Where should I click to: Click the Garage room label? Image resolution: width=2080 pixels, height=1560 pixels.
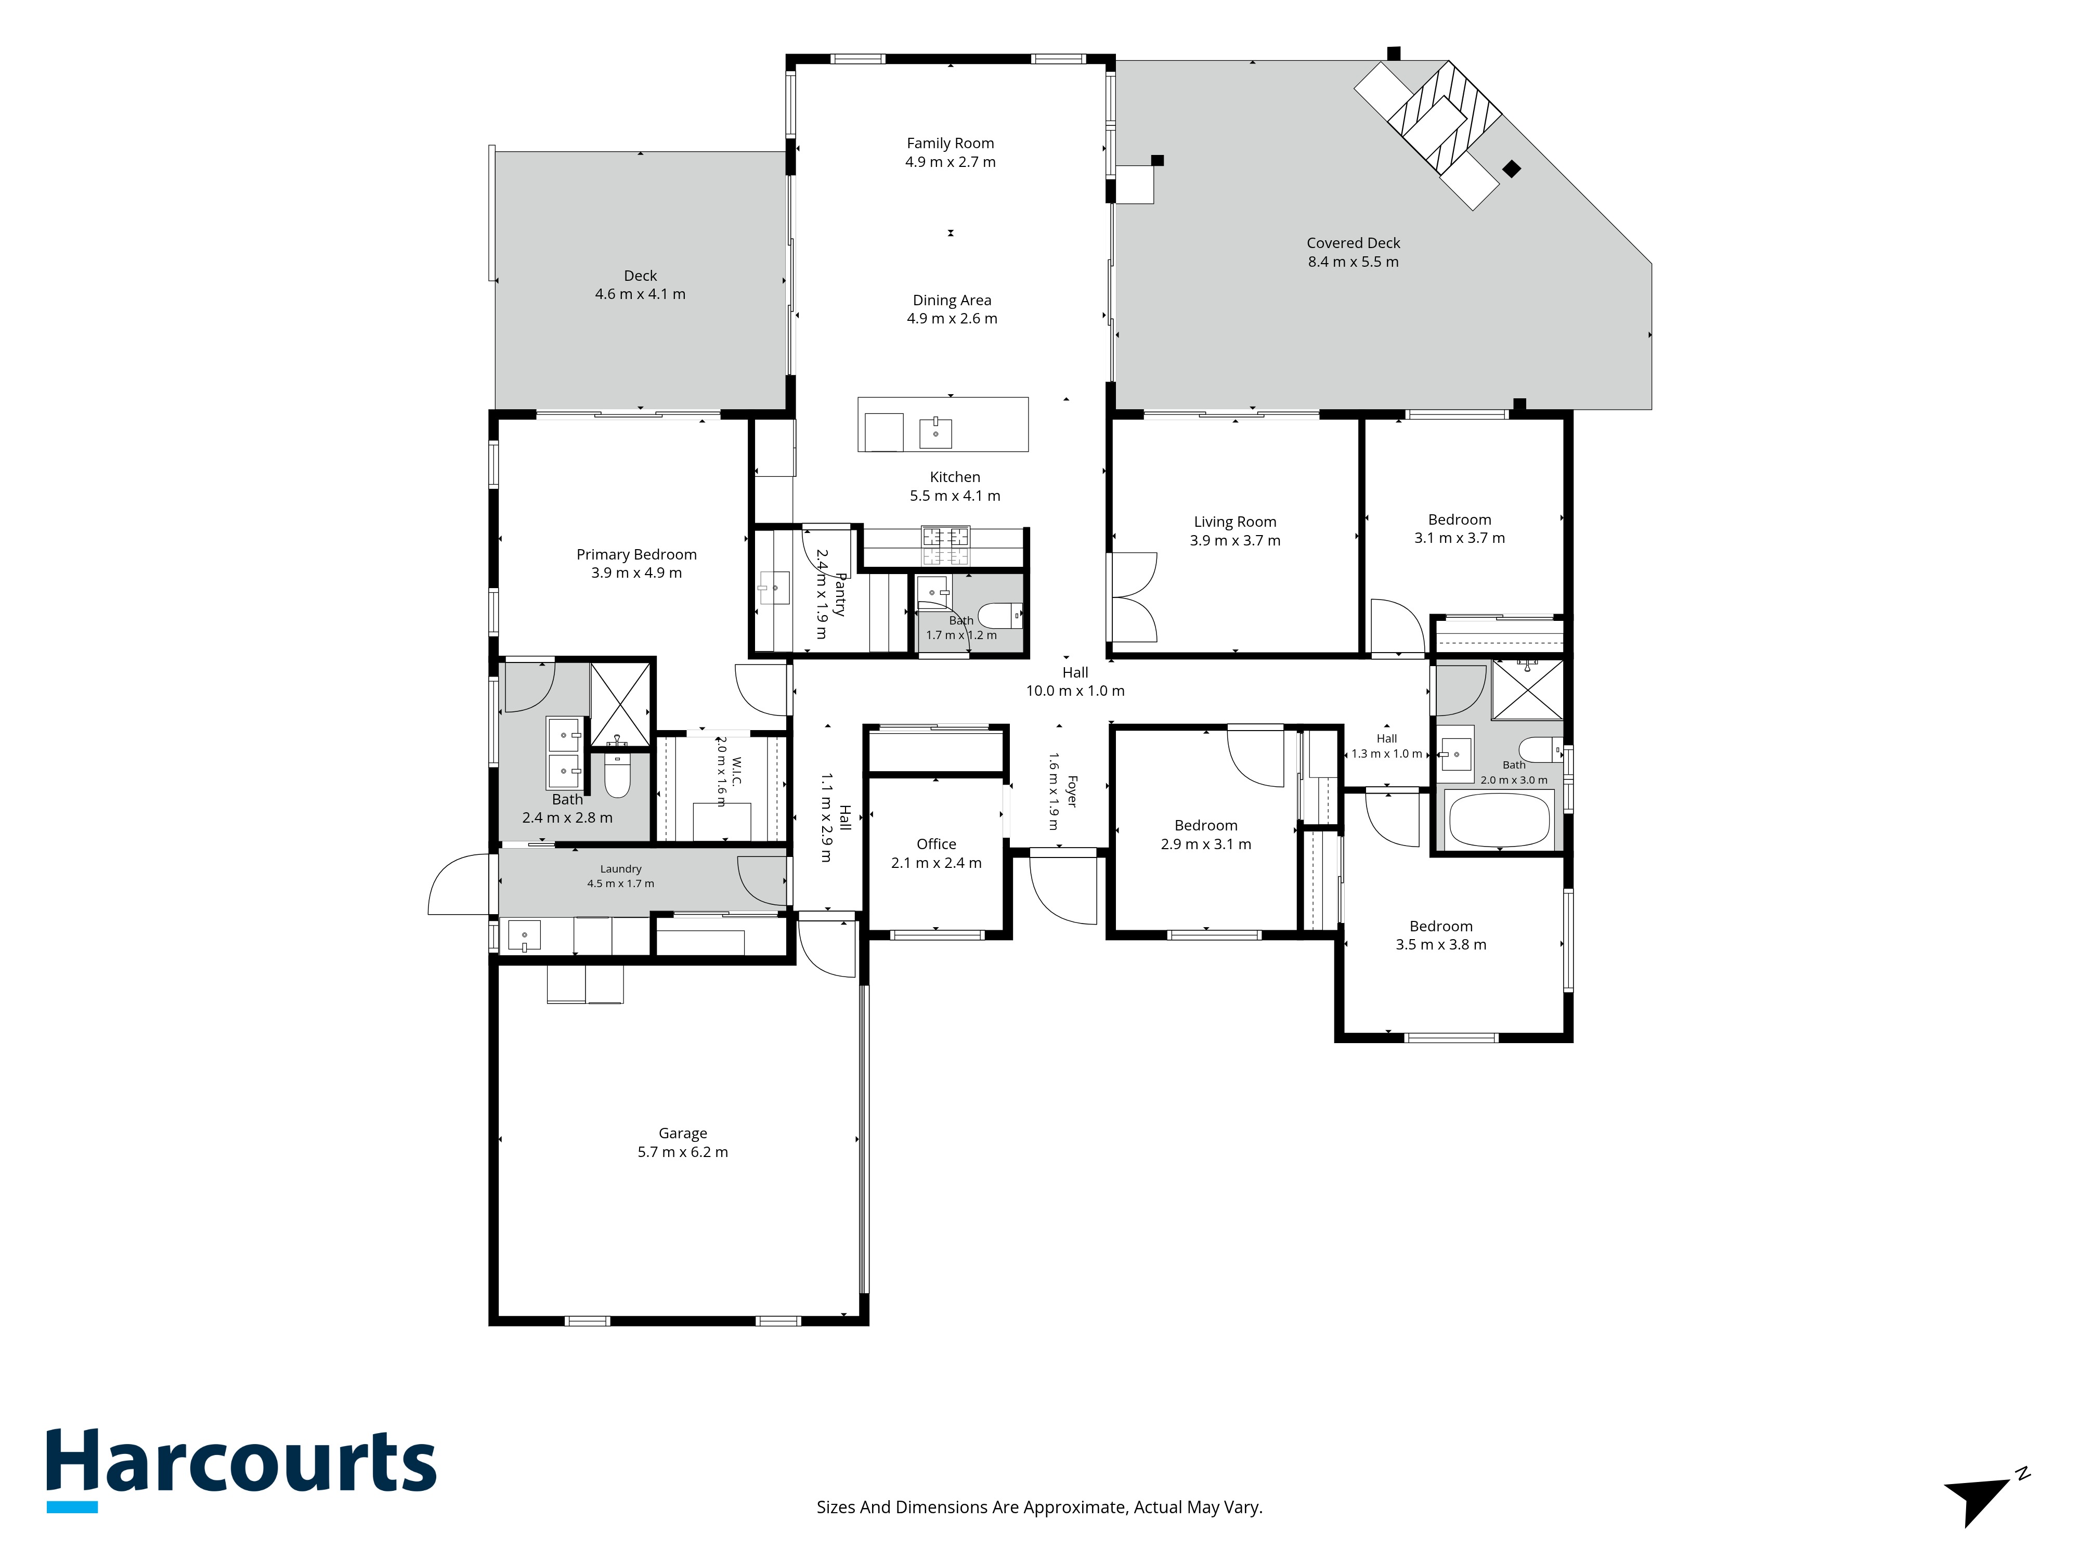coord(683,1133)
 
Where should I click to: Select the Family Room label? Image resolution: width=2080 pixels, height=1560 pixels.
coord(950,143)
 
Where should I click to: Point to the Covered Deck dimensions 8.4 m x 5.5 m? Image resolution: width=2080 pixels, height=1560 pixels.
coord(1353,262)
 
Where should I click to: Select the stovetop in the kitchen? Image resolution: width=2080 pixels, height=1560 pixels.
coord(945,545)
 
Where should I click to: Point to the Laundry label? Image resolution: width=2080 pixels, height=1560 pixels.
coord(620,869)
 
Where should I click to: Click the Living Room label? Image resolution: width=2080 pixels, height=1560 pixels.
coord(1234,522)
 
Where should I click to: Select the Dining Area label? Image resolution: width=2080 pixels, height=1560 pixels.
coord(952,300)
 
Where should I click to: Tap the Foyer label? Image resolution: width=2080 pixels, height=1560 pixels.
coord(1072,792)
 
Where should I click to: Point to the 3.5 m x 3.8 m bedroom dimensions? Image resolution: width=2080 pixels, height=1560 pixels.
coord(1440,945)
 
